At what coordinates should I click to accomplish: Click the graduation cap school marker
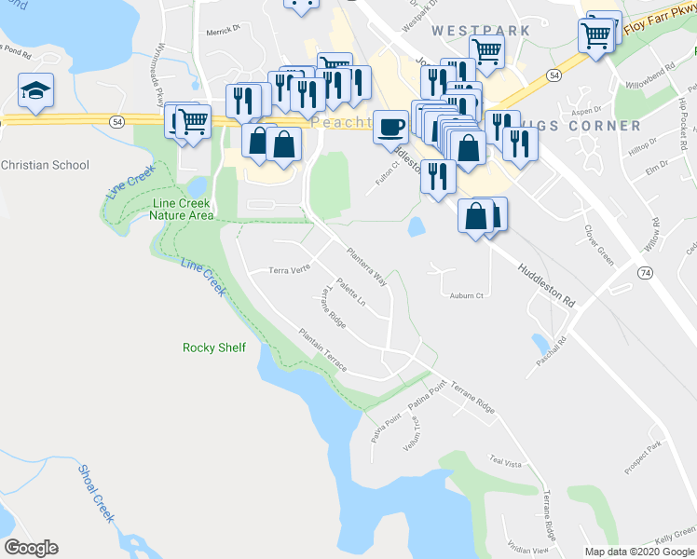tap(35, 91)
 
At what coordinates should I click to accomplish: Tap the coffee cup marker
tap(390, 126)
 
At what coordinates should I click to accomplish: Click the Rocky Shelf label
tap(214, 348)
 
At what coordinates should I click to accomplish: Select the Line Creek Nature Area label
tap(182, 209)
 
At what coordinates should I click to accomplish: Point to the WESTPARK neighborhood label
tap(481, 30)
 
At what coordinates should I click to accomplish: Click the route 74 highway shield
tap(645, 272)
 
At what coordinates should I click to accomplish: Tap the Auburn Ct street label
tap(467, 296)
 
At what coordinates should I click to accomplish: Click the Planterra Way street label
tap(366, 266)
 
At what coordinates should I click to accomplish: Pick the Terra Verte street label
tap(289, 269)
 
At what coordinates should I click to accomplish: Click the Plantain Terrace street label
tap(322, 349)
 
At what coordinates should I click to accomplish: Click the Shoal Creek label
tap(96, 493)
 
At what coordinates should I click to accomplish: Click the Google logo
tap(31, 548)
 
